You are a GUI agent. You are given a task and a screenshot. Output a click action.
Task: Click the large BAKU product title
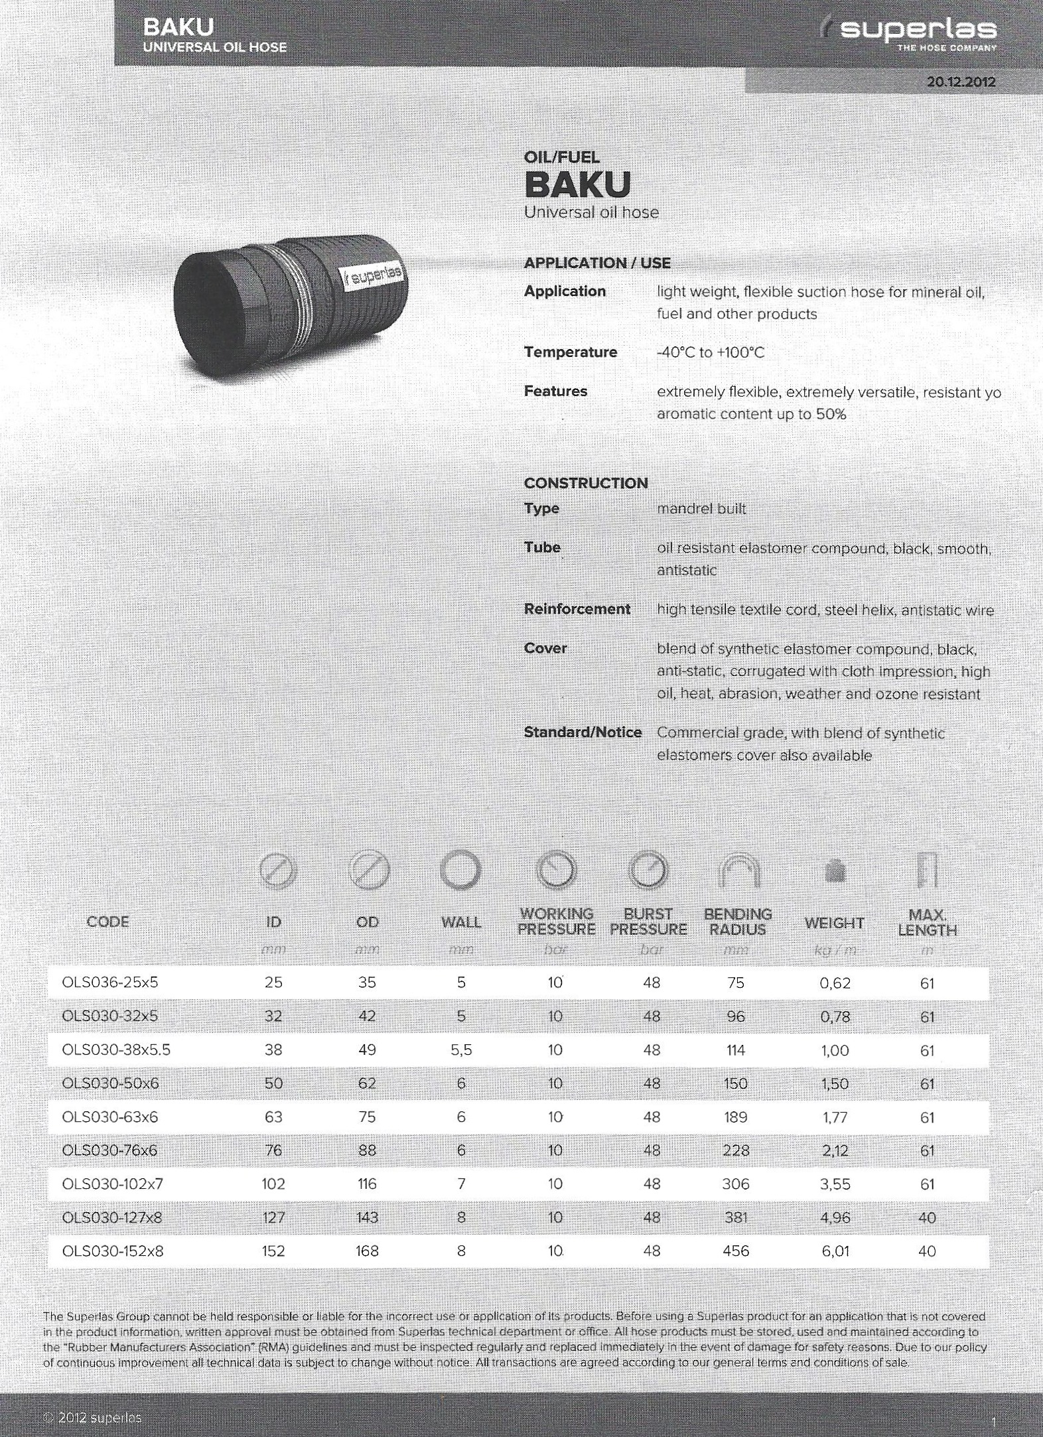click(x=577, y=185)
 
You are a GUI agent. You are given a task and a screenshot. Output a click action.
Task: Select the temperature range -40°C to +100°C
click(x=711, y=352)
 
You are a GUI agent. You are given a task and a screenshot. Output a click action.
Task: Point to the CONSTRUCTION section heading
click(x=585, y=483)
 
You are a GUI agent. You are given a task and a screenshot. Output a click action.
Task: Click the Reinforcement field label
click(x=577, y=609)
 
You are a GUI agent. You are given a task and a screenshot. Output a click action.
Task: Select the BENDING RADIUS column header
click(x=737, y=922)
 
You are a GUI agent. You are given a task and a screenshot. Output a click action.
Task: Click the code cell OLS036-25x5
click(x=110, y=983)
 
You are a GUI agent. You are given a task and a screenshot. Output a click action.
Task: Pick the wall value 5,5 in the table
click(x=461, y=1050)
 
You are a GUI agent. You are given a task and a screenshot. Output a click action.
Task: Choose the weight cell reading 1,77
click(x=835, y=1117)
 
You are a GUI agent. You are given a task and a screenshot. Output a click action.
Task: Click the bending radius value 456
click(x=736, y=1251)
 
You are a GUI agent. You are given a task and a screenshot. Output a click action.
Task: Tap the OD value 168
click(x=367, y=1251)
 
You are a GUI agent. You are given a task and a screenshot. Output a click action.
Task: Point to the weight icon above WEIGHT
click(x=835, y=872)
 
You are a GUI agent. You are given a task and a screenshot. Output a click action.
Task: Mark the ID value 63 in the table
click(x=273, y=1117)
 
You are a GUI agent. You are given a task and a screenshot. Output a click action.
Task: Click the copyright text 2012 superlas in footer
click(x=93, y=1417)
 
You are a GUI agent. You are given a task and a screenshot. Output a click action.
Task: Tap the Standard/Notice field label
click(x=583, y=732)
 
